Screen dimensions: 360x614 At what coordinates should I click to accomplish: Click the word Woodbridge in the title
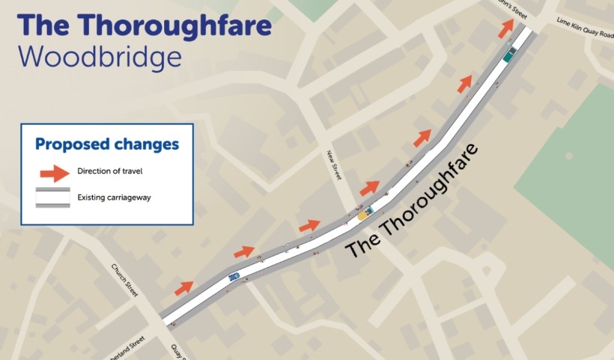click(100, 58)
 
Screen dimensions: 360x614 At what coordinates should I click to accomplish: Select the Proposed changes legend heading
click(107, 144)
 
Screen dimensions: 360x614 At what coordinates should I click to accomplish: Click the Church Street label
click(125, 281)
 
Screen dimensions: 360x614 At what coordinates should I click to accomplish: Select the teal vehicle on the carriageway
click(510, 54)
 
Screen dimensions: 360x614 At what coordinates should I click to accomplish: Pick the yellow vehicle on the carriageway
click(363, 215)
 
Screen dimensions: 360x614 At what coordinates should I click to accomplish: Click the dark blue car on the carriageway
click(234, 277)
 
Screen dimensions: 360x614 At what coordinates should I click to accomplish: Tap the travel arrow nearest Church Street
click(184, 287)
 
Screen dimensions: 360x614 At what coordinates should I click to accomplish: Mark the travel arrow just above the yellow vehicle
click(370, 188)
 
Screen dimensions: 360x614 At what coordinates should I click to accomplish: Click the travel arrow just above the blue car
click(244, 251)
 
